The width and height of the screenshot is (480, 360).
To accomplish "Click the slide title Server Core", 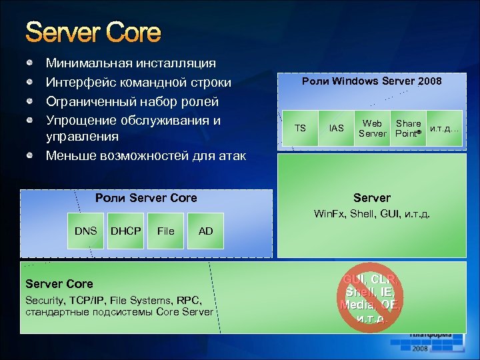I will pos(93,33).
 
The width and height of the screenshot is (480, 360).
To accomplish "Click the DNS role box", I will pos(85,231).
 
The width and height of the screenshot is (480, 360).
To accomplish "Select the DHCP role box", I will pos(126,231).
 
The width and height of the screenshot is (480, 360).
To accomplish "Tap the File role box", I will pos(166,231).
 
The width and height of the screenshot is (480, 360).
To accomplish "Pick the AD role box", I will pos(206,231).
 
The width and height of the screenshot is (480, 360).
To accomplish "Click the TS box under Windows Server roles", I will pos(300,128).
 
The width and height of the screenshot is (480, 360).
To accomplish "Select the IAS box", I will pos(337,128).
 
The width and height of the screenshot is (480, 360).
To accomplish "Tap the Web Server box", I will pos(372,128).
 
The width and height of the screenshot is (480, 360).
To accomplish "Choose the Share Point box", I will pos(408,128).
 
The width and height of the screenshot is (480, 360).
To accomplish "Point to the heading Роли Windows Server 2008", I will pos(371,81).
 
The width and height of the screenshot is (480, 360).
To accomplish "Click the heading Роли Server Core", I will pos(146,198).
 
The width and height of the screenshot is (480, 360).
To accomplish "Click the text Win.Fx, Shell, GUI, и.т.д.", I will pos(372,215).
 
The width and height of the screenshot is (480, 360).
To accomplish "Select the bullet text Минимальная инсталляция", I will pos(131,63).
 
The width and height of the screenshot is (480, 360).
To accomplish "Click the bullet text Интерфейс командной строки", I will pos(138,83).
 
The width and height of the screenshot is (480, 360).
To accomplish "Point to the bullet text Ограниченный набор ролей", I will pos(132,102).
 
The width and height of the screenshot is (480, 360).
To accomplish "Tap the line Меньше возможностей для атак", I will pos(145,156).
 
